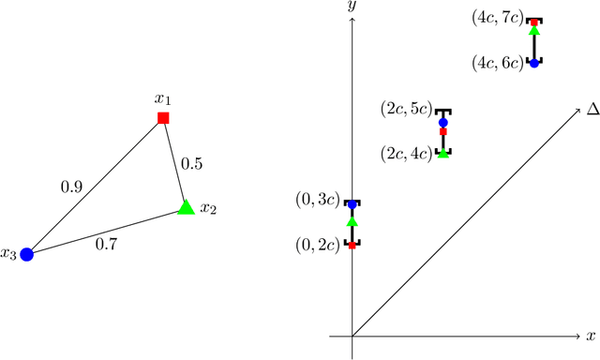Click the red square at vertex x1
click(163, 118)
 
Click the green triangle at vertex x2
click(186, 207)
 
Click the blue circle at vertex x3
click(27, 253)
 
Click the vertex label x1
click(164, 97)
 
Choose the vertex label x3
click(8, 253)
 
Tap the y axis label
click(352, 7)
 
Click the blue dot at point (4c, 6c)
click(534, 63)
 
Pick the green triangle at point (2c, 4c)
click(443, 152)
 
